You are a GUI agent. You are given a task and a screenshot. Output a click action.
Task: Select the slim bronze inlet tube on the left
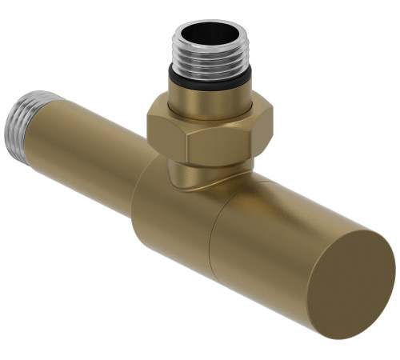88,148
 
